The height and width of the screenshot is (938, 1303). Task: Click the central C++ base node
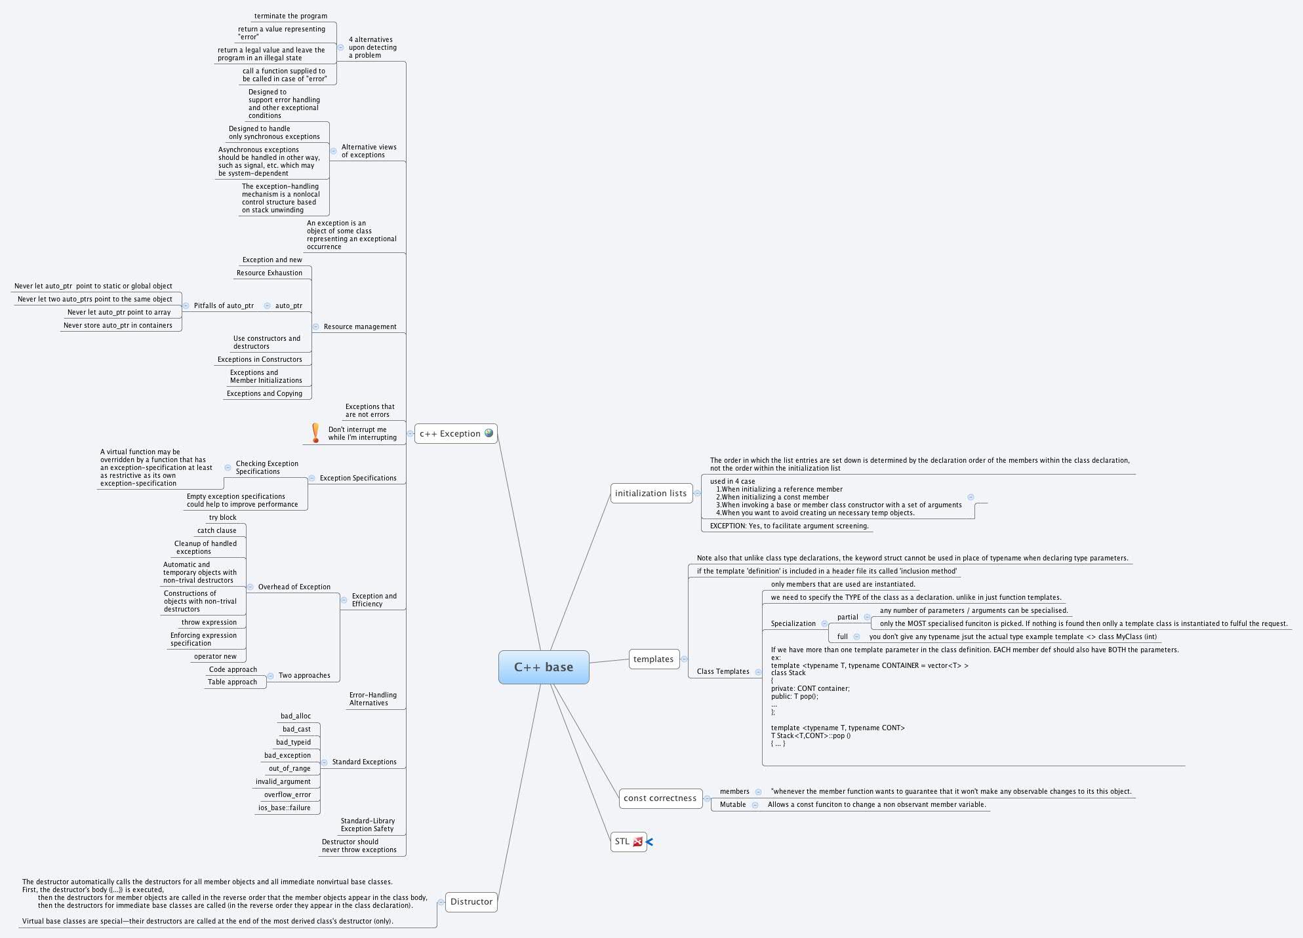544,667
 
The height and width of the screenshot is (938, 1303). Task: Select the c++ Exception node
450,434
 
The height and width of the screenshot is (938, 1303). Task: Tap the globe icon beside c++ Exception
489,433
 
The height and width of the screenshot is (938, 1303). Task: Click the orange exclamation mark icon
315,433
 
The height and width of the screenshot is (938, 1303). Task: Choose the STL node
622,842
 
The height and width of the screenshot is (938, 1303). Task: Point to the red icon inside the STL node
637,842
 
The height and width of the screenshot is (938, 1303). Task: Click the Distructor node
471,902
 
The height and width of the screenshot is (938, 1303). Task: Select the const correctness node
660,798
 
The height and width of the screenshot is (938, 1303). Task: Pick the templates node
653,659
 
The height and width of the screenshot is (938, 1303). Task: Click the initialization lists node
651,494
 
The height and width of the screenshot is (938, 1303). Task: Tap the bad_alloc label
296,716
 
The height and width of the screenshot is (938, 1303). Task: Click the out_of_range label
289,769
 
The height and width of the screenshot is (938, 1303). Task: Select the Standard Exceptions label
364,762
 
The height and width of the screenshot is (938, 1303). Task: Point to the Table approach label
232,682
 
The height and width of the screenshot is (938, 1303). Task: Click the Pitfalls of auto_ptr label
224,306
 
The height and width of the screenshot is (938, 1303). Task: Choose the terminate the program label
291,16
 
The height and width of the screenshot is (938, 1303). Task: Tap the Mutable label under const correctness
732,805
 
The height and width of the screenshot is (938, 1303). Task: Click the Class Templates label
723,672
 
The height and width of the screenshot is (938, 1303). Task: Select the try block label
222,518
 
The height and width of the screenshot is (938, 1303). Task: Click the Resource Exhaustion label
269,273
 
